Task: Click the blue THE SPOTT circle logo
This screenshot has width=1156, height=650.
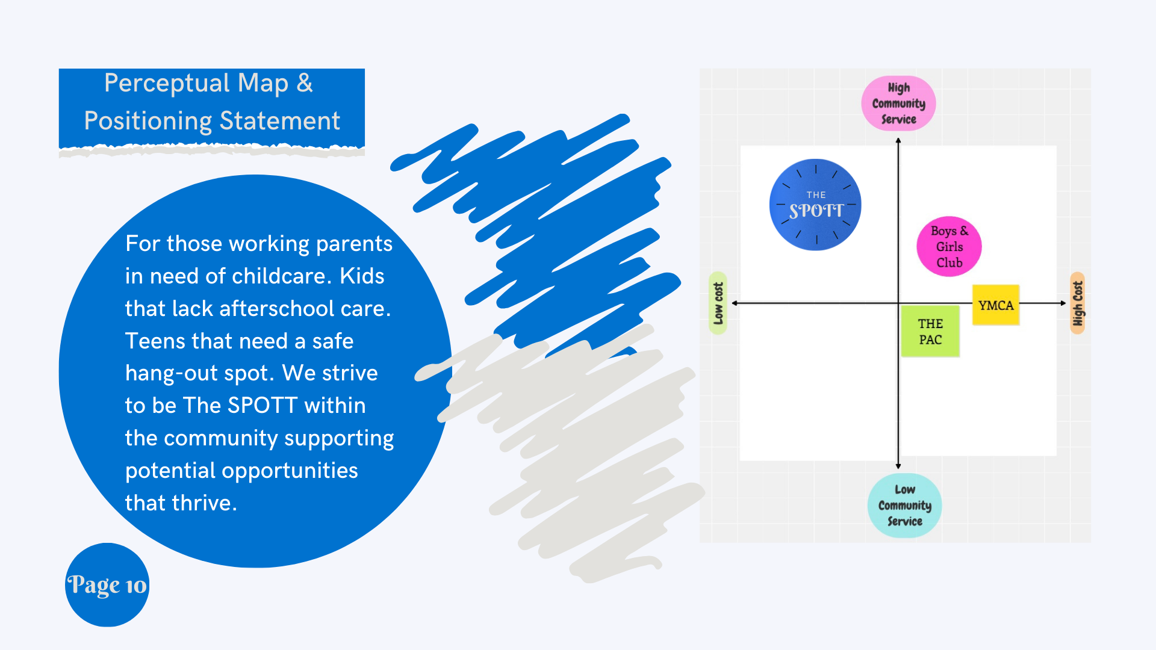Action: point(815,205)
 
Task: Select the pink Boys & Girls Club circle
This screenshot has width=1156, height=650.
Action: point(949,247)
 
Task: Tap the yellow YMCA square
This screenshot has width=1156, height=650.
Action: point(996,305)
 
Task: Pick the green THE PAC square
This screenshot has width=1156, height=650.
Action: point(930,332)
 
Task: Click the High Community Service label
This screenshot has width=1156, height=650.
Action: point(898,104)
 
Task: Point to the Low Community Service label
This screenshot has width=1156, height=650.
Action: point(904,506)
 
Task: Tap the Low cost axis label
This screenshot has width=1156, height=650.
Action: point(718,303)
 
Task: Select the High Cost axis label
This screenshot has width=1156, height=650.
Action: point(1078,303)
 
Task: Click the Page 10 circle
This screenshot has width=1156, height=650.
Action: point(107,585)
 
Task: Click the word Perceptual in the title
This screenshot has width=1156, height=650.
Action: point(167,84)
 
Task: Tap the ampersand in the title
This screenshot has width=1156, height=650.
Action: point(305,84)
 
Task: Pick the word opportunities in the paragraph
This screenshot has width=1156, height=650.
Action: point(290,471)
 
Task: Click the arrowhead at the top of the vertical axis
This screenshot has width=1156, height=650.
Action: point(898,141)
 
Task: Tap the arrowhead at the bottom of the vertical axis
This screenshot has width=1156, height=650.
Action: point(898,466)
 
